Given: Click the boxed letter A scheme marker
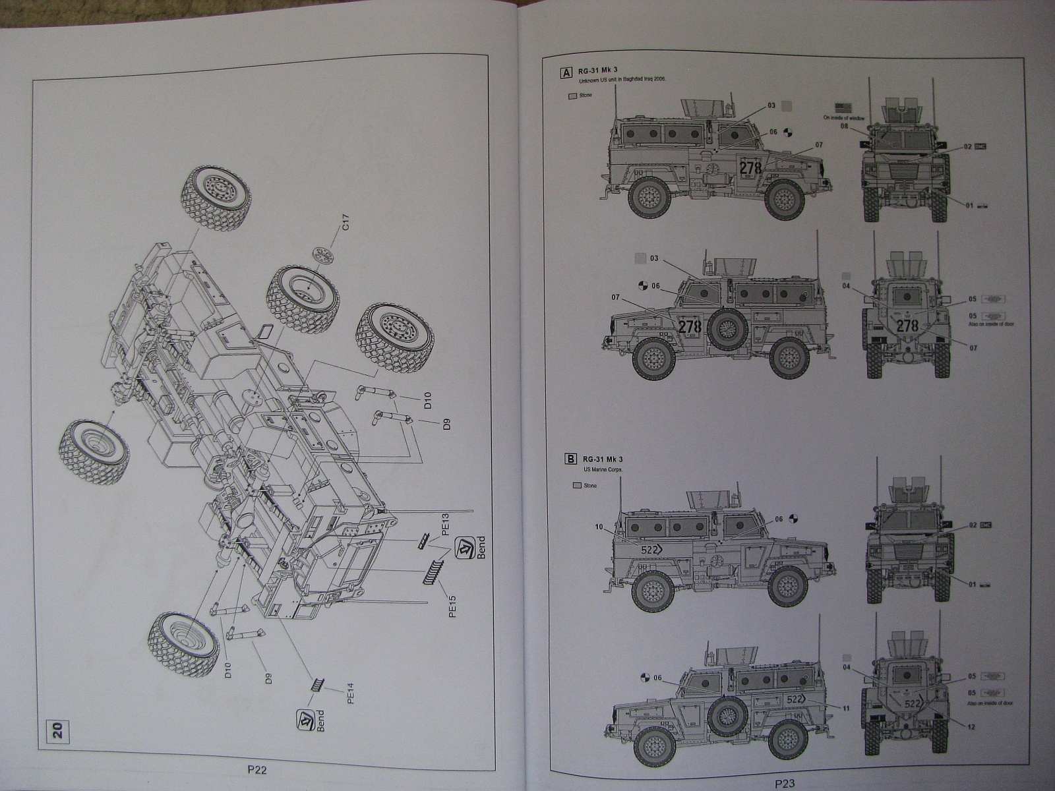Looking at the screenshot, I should tap(566, 73).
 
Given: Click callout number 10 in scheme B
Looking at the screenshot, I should tap(598, 527).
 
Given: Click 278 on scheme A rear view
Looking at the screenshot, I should tap(908, 325).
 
